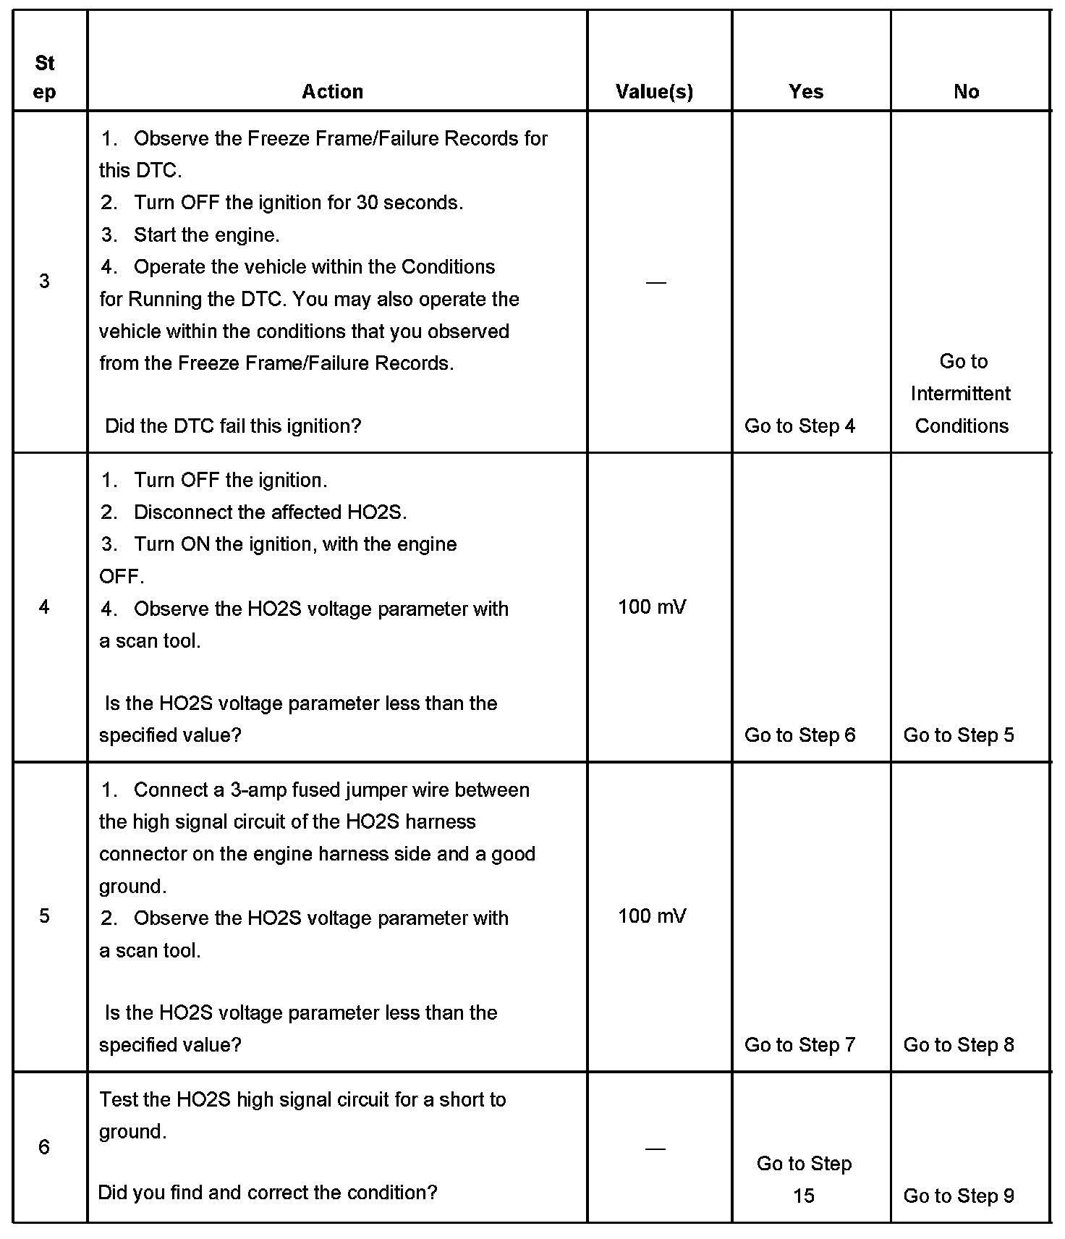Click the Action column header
click(332, 91)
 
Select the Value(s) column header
click(654, 91)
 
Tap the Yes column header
click(806, 91)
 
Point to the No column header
click(966, 91)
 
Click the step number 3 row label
click(44, 281)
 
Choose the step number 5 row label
click(44, 916)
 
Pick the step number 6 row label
click(44, 1147)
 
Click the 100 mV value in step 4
click(652, 606)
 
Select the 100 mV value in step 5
click(652, 916)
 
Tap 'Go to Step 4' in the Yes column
click(799, 426)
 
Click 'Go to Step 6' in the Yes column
click(799, 735)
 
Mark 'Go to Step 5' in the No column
click(959, 735)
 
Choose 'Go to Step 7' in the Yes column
click(799, 1045)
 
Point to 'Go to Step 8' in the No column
click(959, 1045)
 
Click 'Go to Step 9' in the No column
click(959, 1196)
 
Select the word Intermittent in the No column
click(961, 394)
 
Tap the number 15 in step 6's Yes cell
click(804, 1196)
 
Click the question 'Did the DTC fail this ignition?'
click(233, 426)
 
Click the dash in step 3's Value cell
click(655, 282)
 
